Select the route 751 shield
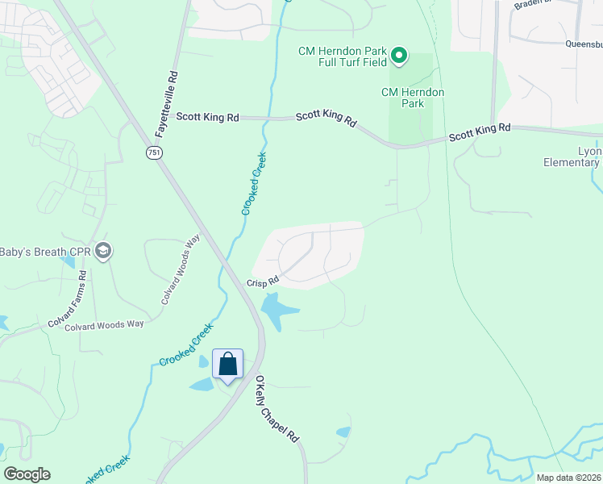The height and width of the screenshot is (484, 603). click(154, 152)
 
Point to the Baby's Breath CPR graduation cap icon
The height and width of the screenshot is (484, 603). click(102, 252)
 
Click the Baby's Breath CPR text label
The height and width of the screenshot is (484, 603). click(44, 252)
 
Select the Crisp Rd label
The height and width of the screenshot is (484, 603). click(263, 282)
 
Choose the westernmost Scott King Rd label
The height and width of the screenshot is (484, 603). click(208, 118)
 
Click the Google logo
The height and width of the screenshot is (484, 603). click(27, 474)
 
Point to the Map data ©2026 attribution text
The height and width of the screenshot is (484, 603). click(568, 478)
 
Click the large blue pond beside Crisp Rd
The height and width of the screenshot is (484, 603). click(277, 310)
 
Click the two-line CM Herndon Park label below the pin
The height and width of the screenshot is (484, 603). click(413, 98)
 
